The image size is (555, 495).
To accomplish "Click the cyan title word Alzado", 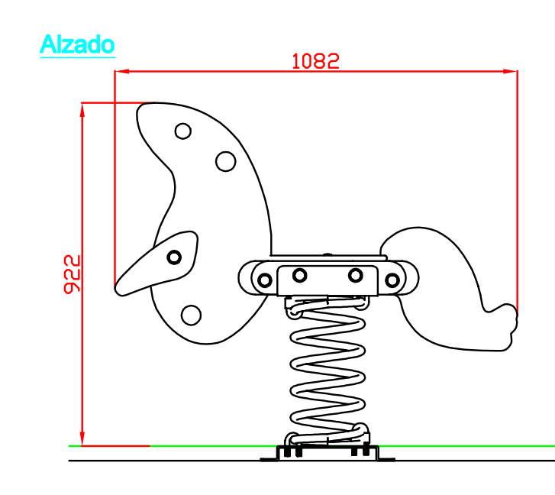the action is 77,44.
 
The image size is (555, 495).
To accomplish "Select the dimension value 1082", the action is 316,61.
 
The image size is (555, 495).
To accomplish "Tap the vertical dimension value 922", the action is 73,274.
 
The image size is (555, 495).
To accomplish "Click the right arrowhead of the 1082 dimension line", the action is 510,71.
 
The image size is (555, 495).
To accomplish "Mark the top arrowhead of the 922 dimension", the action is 82,110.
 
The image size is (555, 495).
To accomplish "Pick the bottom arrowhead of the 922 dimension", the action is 82,438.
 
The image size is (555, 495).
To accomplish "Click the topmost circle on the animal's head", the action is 183,131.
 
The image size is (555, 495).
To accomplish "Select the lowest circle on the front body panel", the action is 191,315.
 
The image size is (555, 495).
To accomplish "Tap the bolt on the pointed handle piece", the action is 174,257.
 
